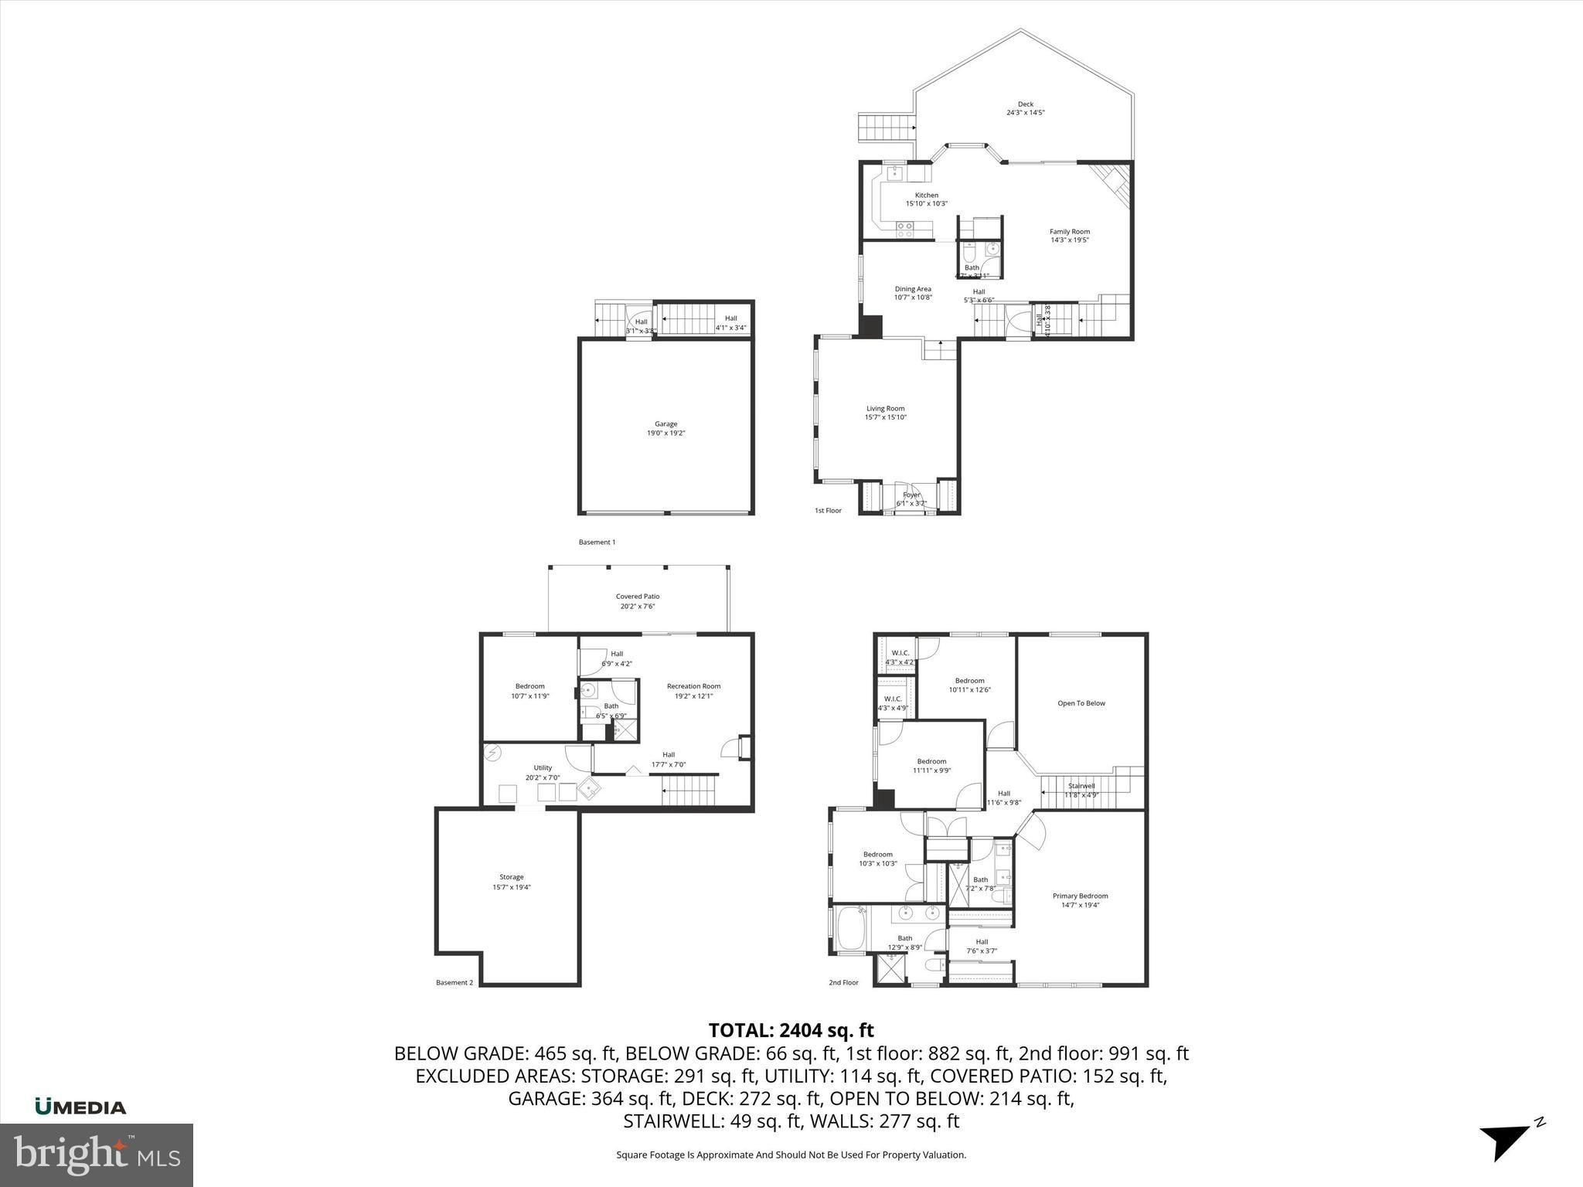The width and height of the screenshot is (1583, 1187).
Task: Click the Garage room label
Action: click(x=666, y=423)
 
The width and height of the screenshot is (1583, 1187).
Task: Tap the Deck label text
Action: click(x=1025, y=104)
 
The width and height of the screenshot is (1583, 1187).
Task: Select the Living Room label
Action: click(x=885, y=409)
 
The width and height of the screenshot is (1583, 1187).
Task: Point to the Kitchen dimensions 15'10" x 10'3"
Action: click(x=926, y=204)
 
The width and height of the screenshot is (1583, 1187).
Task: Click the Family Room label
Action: click(x=1069, y=231)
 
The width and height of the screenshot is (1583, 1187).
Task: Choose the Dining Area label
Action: click(x=913, y=289)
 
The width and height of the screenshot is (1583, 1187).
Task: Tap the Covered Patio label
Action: click(x=637, y=597)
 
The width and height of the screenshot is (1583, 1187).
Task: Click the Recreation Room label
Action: click(x=693, y=686)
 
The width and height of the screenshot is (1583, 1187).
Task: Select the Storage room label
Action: click(x=511, y=877)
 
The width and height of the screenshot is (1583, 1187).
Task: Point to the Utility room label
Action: click(x=543, y=768)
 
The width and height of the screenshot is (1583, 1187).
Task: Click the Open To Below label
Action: click(x=1081, y=703)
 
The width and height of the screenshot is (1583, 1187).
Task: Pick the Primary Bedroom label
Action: click(x=1080, y=896)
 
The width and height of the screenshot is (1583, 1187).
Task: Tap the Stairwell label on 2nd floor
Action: click(x=1080, y=786)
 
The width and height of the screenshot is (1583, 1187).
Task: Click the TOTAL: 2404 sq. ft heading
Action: click(x=791, y=1030)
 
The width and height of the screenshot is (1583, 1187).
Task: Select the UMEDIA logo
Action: click(x=80, y=1107)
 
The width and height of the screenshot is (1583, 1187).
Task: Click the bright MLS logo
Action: click(x=96, y=1155)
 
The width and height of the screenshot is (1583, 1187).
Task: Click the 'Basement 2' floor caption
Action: click(x=454, y=983)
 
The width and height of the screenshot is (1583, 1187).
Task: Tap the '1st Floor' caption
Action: click(x=828, y=511)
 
